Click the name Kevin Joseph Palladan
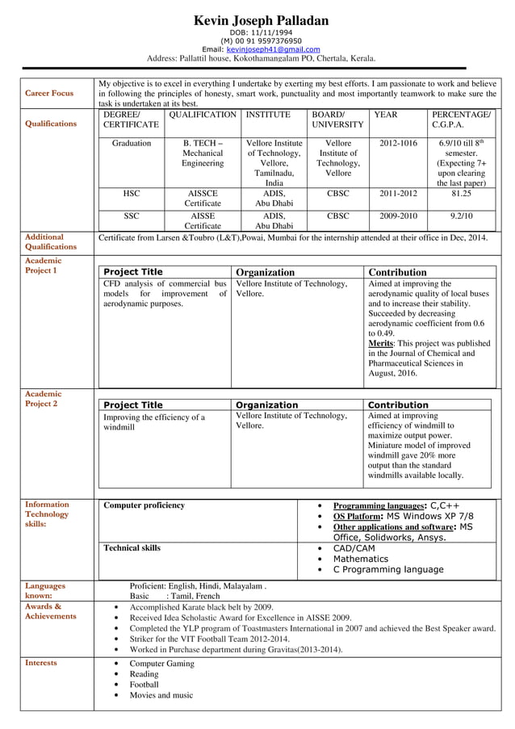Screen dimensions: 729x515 coord(261,19)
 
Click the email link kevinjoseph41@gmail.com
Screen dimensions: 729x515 coord(273,49)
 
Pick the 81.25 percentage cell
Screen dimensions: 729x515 coord(461,194)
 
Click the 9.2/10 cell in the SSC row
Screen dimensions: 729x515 coord(461,216)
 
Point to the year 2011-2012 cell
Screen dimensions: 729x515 coord(398,194)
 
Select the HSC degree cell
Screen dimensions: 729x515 coord(131,194)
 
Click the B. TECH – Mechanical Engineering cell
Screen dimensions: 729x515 coord(203,153)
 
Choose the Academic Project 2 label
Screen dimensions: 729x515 coord(41,398)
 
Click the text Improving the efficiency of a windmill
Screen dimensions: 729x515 coord(153,421)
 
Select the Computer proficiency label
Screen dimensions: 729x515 coord(144,505)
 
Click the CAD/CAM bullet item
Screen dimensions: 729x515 coord(354,548)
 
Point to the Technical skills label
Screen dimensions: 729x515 coord(132,548)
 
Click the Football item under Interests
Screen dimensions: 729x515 coord(144,684)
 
